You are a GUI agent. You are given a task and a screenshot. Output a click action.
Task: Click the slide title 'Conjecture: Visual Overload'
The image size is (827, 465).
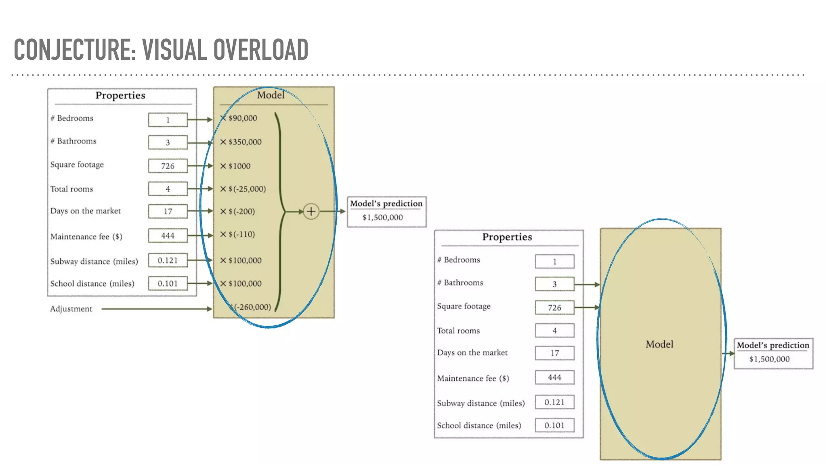coord(161,50)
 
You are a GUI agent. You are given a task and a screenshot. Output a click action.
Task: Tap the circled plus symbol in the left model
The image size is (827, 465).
coord(311,211)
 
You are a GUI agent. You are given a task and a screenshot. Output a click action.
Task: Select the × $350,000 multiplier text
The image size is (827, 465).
coord(241,142)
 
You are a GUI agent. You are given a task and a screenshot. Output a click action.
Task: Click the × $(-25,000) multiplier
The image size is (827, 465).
coord(243,189)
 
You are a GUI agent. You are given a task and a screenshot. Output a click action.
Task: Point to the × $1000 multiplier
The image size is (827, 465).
coord(235,166)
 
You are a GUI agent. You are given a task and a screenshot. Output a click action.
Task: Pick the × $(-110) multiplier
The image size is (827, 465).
coord(237,234)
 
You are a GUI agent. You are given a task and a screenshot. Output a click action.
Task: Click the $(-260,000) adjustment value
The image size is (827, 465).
coord(251,307)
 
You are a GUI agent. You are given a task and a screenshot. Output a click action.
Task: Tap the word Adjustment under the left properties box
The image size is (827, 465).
coord(71,309)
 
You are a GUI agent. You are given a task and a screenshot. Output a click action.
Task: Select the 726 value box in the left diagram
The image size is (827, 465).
coord(168,166)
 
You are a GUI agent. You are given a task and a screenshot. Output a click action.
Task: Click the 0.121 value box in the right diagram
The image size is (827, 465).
coord(554,402)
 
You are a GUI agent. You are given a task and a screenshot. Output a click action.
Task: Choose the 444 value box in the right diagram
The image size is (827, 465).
coord(554,377)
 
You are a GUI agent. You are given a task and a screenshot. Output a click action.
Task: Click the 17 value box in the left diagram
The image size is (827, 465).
coord(168,211)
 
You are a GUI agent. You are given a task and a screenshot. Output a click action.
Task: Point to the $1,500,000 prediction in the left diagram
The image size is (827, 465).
coord(382,218)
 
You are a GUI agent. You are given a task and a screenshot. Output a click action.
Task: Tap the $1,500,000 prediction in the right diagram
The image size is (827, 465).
coord(769,359)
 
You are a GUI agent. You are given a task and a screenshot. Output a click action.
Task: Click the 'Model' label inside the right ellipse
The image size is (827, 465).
coord(659,344)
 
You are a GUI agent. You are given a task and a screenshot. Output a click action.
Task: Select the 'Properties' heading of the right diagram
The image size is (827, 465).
coord(507,237)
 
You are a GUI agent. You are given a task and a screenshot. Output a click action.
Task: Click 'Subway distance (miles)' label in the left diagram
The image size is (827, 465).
coord(94,261)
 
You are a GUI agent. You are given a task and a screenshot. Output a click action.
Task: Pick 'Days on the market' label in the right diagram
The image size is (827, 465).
coord(472,352)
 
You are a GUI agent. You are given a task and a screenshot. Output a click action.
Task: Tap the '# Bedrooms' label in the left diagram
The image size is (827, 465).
coord(72,118)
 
